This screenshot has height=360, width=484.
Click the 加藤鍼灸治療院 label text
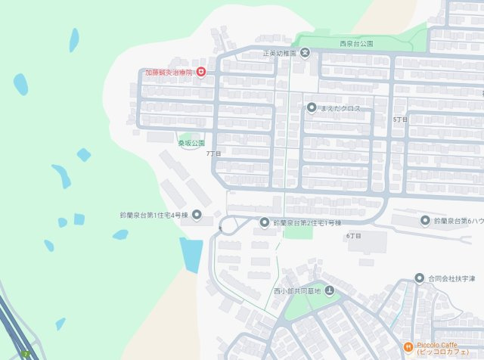click(x=169, y=73)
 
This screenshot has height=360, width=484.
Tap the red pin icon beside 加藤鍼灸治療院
click(x=201, y=73)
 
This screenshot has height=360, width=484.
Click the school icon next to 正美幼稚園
click(x=304, y=53)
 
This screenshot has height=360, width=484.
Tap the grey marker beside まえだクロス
click(x=311, y=108)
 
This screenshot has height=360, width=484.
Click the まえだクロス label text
click(x=341, y=109)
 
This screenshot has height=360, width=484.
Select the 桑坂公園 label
click(x=191, y=142)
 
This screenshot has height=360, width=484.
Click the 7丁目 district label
click(x=214, y=154)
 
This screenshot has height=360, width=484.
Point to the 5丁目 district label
click(x=400, y=120)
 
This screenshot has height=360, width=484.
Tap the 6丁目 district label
click(x=353, y=236)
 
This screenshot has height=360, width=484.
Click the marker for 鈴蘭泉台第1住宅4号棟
click(x=197, y=216)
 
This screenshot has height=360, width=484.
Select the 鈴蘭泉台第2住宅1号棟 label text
click(x=307, y=223)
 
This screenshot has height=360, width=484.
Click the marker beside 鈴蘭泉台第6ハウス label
click(x=425, y=220)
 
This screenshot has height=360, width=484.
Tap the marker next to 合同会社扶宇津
click(x=420, y=278)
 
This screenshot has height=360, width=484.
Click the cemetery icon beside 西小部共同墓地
click(x=329, y=291)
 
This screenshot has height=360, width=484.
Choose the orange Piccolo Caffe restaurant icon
click(x=407, y=347)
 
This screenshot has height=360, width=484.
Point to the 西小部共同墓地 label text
click(x=297, y=291)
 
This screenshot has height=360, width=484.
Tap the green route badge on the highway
click(x=27, y=354)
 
